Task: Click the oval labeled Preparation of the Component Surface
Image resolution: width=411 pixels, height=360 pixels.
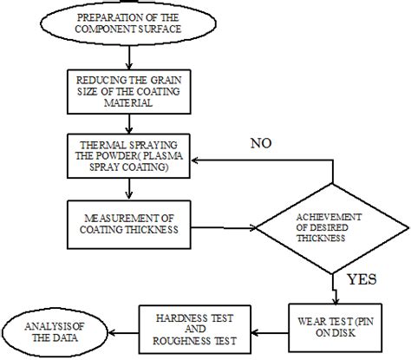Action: [x=128, y=23]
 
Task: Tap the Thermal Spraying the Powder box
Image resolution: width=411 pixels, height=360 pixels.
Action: [x=128, y=160]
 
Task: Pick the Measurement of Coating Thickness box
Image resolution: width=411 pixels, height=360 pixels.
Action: [x=127, y=222]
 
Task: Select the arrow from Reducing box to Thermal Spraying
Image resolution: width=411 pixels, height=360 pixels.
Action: [x=128, y=124]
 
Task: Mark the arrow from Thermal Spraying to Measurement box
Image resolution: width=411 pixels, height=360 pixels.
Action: [x=128, y=189]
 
